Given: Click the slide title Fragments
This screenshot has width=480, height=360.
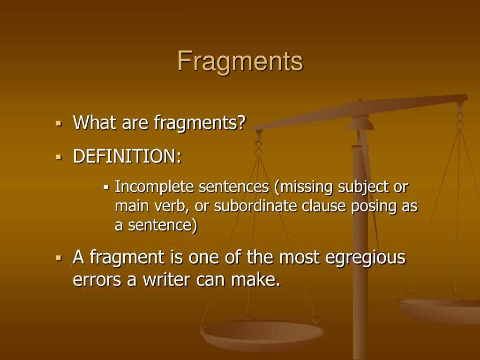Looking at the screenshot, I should (240, 61).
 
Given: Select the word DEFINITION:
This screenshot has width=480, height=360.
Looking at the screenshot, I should (127, 156).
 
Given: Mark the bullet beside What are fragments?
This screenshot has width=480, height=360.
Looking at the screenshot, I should (59, 124).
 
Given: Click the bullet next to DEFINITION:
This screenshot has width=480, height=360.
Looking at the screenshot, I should (59, 157).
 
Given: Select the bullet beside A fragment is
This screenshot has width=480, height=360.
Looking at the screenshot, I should (59, 258).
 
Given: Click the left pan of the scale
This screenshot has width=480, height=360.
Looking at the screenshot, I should (262, 333).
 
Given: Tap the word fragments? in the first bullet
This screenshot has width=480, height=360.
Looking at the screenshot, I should (200, 123).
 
